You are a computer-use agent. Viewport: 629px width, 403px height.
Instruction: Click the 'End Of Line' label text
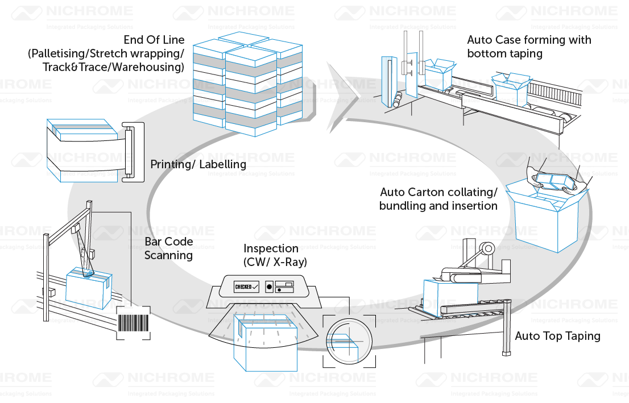pyautogui.click(x=154, y=40)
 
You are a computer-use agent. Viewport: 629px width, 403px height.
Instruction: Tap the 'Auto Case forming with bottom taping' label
pyautogui.click(x=528, y=47)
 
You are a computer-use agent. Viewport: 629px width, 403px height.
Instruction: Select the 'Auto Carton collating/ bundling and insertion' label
pyautogui.click(x=438, y=199)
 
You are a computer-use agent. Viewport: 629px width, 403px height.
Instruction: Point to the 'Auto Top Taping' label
pyautogui.click(x=557, y=336)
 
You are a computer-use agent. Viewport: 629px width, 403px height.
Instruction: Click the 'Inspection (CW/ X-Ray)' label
pyautogui.click(x=275, y=255)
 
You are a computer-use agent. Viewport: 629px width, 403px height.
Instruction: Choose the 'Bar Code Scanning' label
pyautogui.click(x=168, y=249)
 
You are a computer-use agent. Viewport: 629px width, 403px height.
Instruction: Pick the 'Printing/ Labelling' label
pyautogui.click(x=198, y=164)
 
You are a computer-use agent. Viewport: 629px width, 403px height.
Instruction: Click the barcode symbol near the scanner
pyautogui.click(x=134, y=323)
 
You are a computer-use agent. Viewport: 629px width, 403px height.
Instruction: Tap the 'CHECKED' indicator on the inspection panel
pyautogui.click(x=247, y=286)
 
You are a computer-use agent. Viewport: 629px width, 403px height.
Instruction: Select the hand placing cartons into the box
pyautogui.click(x=554, y=177)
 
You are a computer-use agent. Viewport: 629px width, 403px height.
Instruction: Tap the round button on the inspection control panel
pyautogui.click(x=270, y=286)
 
